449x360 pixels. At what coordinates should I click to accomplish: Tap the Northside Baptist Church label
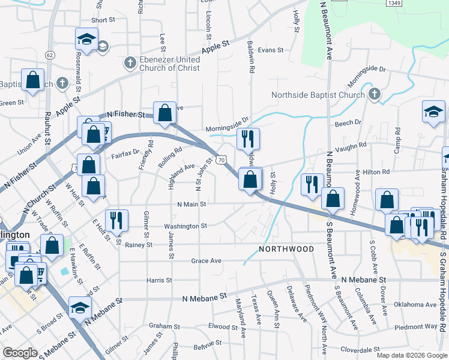click(x=318, y=95)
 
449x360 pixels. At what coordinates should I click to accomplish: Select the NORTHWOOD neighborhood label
click(x=286, y=248)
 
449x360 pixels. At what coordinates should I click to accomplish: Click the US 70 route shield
click(x=222, y=160)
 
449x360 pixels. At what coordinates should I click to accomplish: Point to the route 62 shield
click(x=50, y=55)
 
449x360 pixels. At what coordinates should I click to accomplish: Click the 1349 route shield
click(x=394, y=3)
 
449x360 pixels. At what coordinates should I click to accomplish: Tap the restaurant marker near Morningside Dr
click(x=248, y=139)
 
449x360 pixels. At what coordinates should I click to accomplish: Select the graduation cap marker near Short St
click(x=86, y=39)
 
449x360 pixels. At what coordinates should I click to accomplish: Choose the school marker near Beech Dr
click(x=433, y=112)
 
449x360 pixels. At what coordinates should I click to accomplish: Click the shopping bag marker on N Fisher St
click(x=164, y=112)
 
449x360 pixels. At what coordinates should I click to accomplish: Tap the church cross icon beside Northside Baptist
click(x=374, y=94)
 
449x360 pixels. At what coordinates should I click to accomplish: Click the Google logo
click(x=20, y=353)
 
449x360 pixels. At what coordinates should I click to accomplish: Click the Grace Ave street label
click(x=206, y=261)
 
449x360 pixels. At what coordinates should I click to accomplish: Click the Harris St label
click(x=159, y=280)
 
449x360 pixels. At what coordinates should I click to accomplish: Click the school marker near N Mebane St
click(x=80, y=307)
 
